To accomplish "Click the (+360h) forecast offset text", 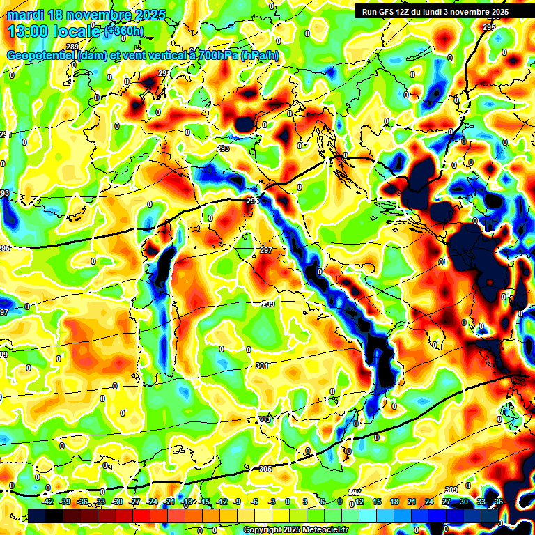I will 124,31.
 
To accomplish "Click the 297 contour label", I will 266,250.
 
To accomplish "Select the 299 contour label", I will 267,304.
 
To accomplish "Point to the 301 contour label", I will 262,366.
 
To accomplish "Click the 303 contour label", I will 265,419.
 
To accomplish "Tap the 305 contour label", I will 265,470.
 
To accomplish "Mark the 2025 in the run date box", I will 497,12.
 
